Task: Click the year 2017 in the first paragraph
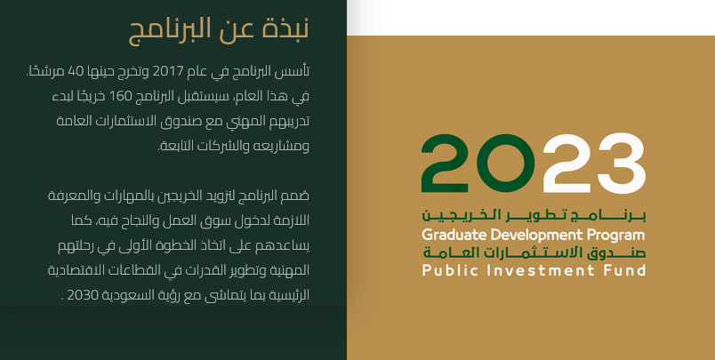167,71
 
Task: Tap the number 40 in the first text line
76,71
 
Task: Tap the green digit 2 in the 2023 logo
445,164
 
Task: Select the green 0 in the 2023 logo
504,164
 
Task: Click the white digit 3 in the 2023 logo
622,164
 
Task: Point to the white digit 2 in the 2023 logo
567,164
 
